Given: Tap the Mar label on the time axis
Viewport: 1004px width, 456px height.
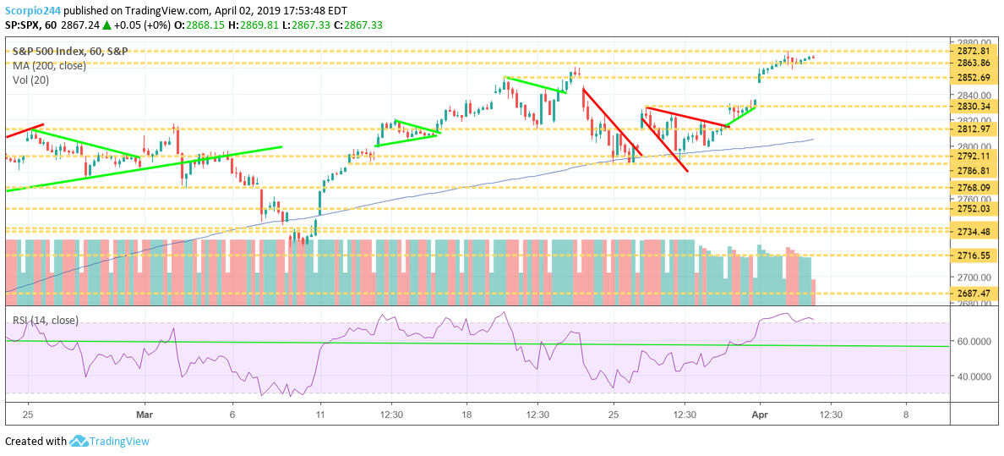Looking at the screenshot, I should (x=145, y=415).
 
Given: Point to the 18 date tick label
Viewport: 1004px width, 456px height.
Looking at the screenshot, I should (x=467, y=415).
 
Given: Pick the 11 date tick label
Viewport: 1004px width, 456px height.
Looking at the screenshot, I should (x=320, y=415).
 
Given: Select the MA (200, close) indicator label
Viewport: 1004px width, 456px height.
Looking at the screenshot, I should (x=48, y=65).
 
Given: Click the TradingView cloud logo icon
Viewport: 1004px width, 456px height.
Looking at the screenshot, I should (x=79, y=441).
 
